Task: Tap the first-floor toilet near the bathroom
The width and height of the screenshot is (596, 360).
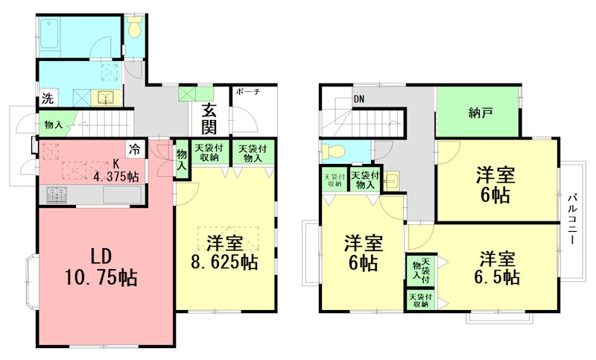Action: [x=134, y=28]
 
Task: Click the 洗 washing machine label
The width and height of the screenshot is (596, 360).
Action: [x=47, y=98]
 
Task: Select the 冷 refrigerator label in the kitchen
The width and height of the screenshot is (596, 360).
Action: [x=135, y=148]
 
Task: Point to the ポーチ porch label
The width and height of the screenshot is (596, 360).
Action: [x=247, y=92]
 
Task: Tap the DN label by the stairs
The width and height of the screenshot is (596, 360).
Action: [x=359, y=98]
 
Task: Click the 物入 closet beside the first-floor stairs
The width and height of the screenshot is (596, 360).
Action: [x=54, y=124]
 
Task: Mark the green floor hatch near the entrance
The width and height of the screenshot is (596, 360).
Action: [x=186, y=95]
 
